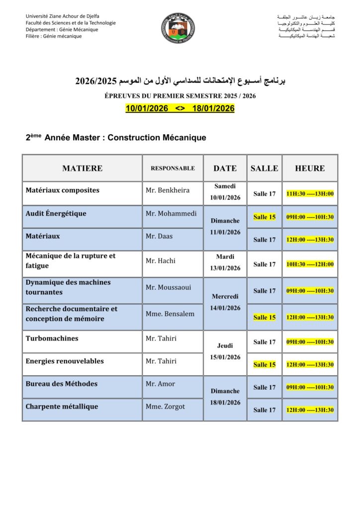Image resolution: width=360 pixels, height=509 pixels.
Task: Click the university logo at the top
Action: pyautogui.click(x=179, y=28)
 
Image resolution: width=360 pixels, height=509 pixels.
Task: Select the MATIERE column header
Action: pyautogui.click(x=82, y=168)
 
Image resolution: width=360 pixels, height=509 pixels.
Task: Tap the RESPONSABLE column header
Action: pyautogui.click(x=173, y=168)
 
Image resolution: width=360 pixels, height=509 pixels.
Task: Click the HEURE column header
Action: pyautogui.click(x=310, y=168)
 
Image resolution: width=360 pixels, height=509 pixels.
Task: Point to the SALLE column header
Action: pyautogui.click(x=265, y=168)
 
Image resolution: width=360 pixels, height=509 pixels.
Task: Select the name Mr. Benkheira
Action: pyautogui.click(x=168, y=190)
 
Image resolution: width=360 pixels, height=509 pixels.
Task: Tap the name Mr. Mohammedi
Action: pyautogui.click(x=171, y=214)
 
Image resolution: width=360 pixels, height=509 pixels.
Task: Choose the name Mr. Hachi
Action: pyautogui.click(x=161, y=260)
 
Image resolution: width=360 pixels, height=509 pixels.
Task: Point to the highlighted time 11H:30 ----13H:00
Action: pyautogui.click(x=310, y=194)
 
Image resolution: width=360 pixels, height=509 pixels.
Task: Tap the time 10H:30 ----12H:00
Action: pyautogui.click(x=310, y=264)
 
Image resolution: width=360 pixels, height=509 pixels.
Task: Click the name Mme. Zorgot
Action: pyautogui.click(x=165, y=407)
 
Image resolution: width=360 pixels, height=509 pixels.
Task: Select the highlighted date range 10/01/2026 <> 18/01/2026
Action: pyautogui.click(x=180, y=108)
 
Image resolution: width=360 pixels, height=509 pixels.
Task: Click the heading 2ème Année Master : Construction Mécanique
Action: pyautogui.click(x=116, y=137)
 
